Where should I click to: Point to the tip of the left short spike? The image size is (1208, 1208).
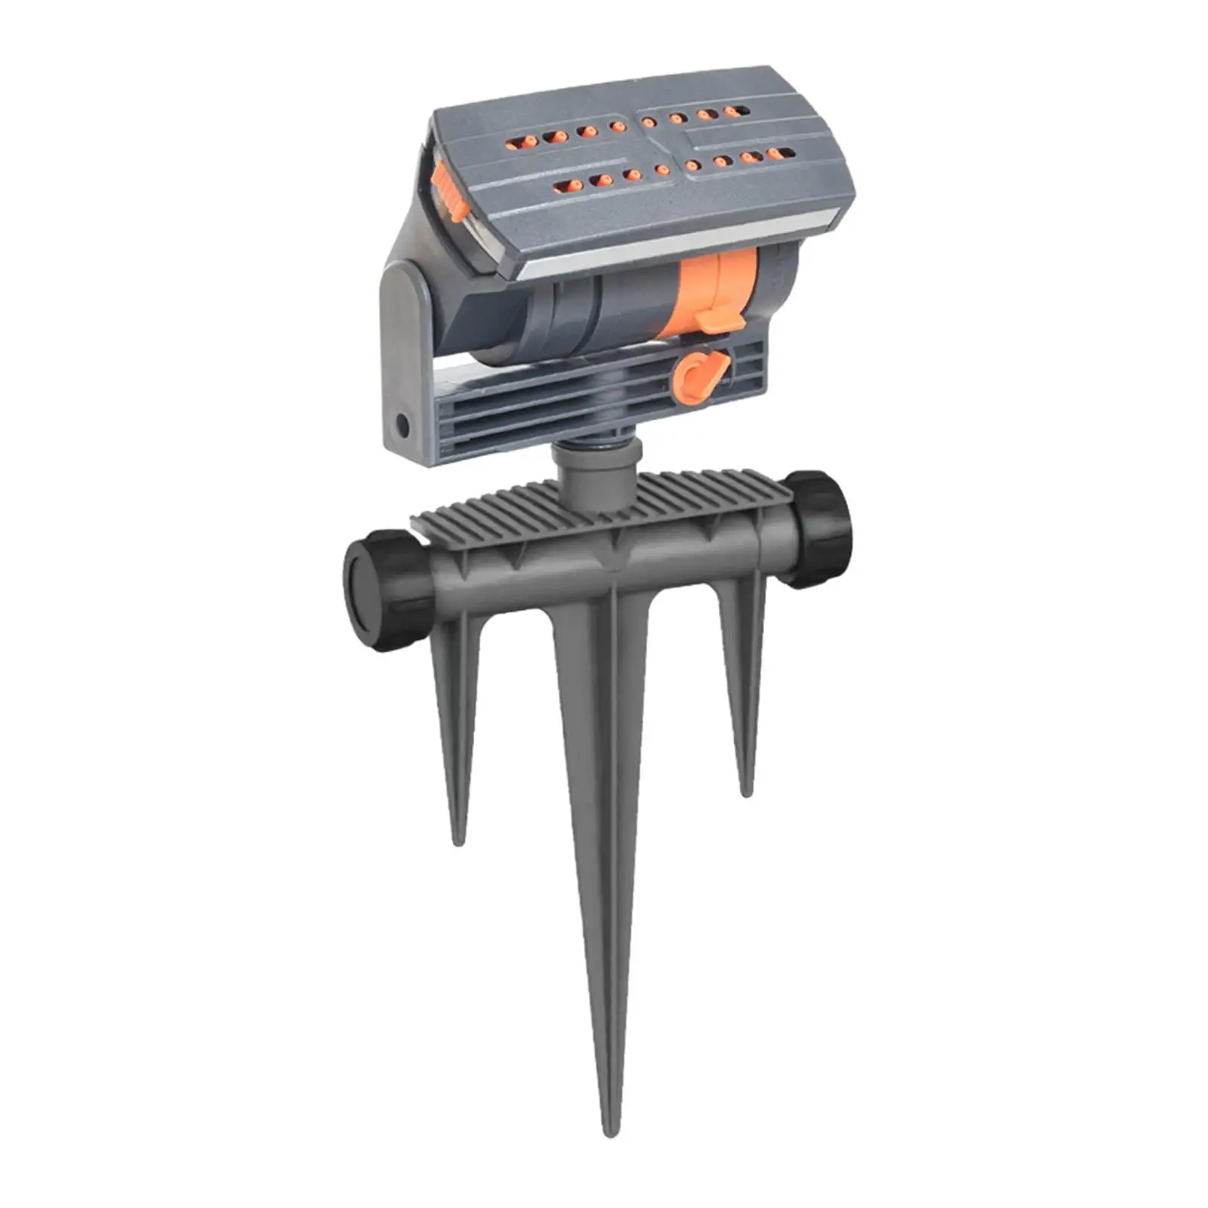[458, 840]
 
